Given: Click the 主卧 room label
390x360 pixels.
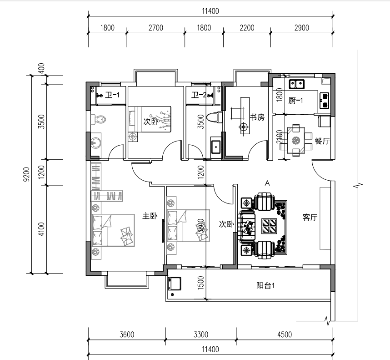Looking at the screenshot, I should (x=150, y=216).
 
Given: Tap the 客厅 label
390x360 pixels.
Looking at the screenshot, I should (x=310, y=218).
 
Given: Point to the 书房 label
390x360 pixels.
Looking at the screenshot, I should (x=257, y=117).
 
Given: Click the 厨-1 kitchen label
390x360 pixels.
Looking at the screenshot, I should (x=296, y=101).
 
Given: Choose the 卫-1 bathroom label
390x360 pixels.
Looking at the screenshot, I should (x=112, y=96).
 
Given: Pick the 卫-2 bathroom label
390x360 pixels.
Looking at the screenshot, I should (x=199, y=96).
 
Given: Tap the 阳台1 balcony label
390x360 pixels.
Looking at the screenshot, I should (x=266, y=286).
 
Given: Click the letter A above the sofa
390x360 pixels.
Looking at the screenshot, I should (x=267, y=183).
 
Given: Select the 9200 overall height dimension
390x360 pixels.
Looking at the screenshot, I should (x=26, y=174).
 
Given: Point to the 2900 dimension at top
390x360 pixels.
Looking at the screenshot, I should (x=301, y=28).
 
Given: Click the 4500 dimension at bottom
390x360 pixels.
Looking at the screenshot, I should (x=284, y=335).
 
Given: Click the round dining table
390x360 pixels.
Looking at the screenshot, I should (x=296, y=141).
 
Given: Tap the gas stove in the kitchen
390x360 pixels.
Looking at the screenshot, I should (x=324, y=101).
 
